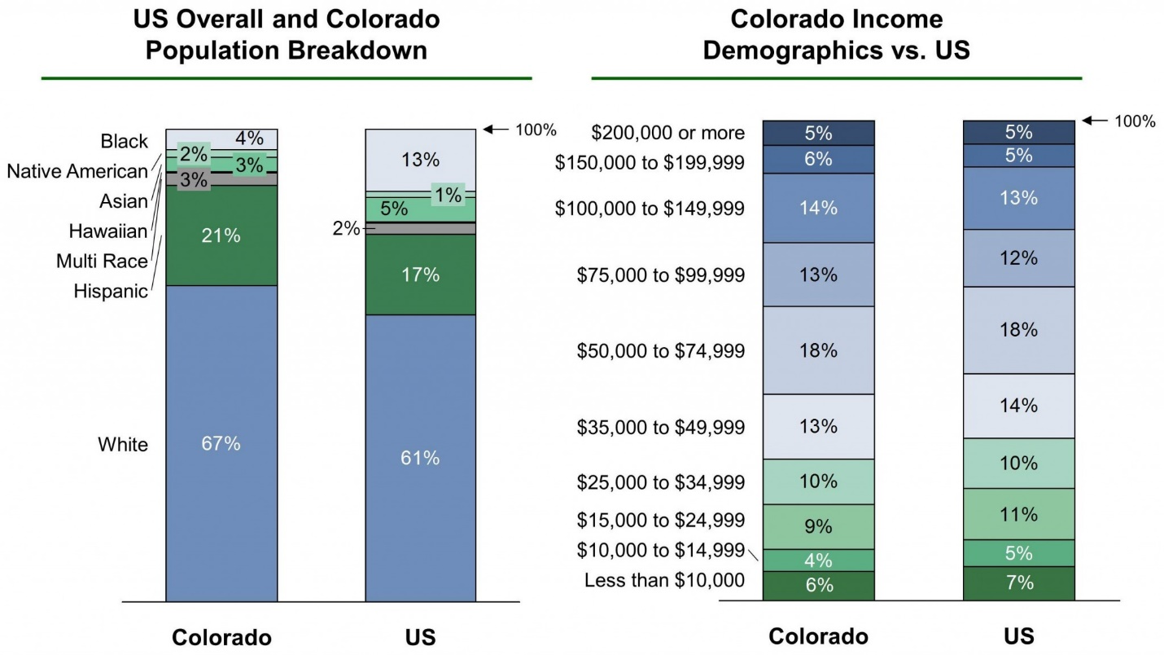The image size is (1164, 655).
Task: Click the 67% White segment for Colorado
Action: click(221, 443)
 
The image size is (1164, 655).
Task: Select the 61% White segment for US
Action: click(420, 458)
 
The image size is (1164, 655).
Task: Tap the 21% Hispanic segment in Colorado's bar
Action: click(221, 236)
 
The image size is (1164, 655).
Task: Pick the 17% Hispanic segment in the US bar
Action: click(420, 275)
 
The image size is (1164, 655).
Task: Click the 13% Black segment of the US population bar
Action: click(420, 160)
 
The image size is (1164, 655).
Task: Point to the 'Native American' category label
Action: click(77, 171)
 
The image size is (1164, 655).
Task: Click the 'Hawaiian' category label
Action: click(108, 231)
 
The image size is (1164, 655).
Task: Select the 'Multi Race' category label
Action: click(102, 262)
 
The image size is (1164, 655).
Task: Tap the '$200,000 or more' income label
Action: click(667, 133)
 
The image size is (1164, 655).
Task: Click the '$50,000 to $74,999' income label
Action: click(660, 351)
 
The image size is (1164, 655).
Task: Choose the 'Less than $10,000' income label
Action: click(664, 580)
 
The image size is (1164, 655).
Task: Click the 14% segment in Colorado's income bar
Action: click(818, 208)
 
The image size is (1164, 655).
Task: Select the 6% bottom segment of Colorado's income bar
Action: click(818, 586)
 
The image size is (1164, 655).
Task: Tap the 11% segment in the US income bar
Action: click(1018, 514)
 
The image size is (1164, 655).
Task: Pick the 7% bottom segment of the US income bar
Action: click(1018, 583)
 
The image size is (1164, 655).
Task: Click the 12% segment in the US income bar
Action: click(1018, 258)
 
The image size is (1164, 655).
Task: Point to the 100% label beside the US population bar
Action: click(536, 130)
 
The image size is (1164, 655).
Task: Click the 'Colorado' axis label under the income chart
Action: click(818, 636)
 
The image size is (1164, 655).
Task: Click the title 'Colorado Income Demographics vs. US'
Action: click(837, 34)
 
